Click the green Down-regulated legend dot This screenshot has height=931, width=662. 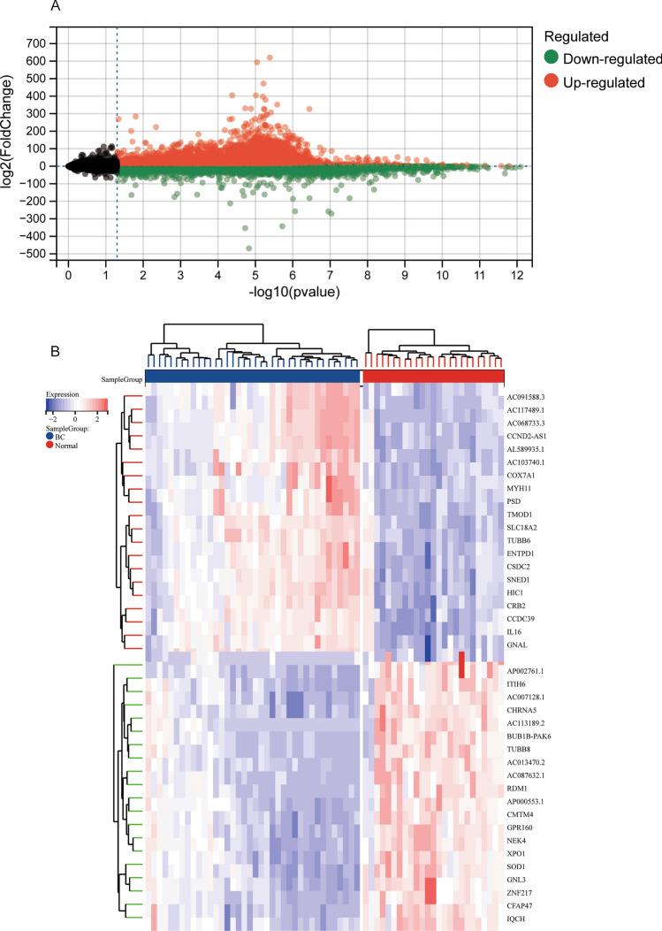[x=552, y=59]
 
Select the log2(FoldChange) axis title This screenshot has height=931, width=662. [x=10, y=148]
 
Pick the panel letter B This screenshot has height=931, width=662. [x=55, y=350]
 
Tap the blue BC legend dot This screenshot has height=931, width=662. [x=50, y=435]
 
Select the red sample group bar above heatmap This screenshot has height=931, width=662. [x=433, y=377]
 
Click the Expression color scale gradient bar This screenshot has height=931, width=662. [x=77, y=404]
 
